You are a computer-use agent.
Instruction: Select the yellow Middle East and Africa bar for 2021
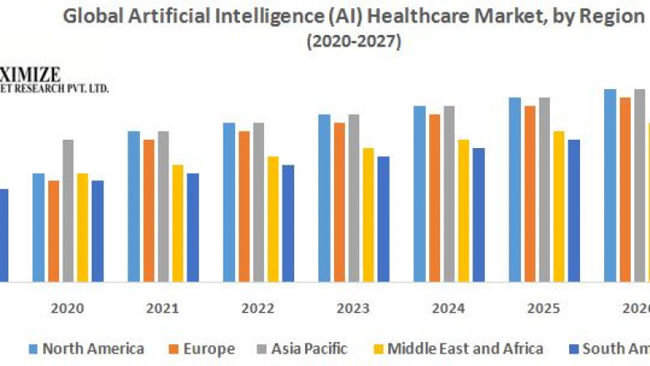tap(178, 222)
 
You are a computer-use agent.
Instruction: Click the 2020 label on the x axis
tap(67, 308)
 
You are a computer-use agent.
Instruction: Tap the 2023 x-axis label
tap(353, 308)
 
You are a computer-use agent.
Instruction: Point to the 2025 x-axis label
tap(543, 308)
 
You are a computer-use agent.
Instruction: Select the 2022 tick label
tap(258, 308)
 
